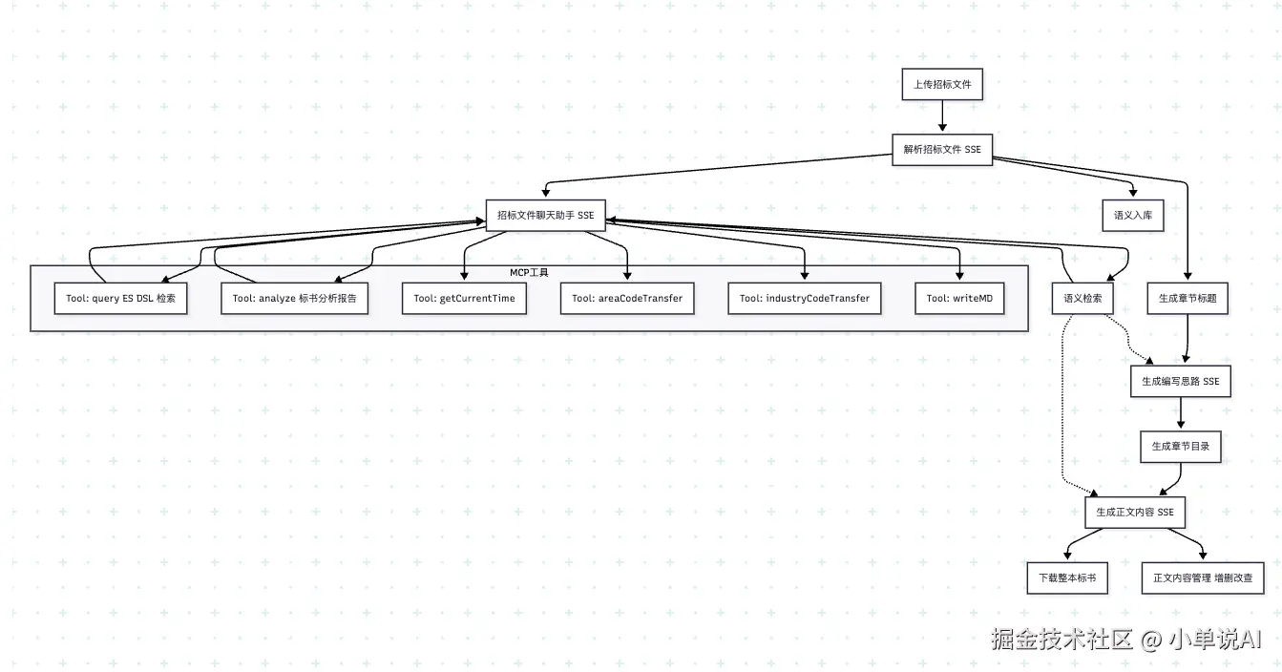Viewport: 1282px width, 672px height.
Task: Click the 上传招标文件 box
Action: (942, 84)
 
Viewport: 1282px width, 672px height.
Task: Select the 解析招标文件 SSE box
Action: (942, 150)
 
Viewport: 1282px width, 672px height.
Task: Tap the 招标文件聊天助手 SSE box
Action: (545, 215)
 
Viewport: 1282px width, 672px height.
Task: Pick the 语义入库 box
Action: (1133, 215)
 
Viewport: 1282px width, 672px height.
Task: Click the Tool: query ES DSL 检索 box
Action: (121, 298)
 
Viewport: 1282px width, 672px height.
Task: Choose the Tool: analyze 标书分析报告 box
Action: (294, 298)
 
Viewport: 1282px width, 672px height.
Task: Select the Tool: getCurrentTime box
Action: (464, 298)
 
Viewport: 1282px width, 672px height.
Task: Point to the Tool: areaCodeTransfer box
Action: (627, 298)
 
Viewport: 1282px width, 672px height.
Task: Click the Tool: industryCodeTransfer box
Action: (804, 298)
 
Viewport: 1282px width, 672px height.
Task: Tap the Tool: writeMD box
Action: (959, 298)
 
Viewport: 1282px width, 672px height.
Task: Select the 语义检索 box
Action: (1082, 298)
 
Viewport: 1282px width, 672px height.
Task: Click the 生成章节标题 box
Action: (1187, 298)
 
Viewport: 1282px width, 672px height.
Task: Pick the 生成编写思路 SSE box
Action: (1181, 381)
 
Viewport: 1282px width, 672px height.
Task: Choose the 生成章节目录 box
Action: (1181, 447)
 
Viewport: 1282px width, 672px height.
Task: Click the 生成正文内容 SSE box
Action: (1135, 513)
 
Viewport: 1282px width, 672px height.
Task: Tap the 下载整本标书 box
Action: (1067, 578)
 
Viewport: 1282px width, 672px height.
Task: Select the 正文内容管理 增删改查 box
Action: (1203, 578)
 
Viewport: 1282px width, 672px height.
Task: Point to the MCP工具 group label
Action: (529, 272)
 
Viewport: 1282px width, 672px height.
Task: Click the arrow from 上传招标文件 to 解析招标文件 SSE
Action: (942, 116)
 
